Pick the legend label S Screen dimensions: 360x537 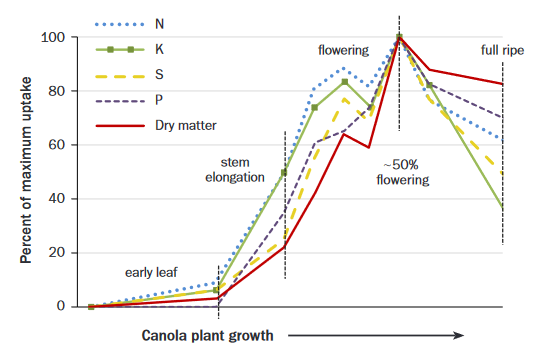pos(160,74)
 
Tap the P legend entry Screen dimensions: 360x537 pos(160,100)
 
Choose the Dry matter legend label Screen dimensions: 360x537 pos(187,125)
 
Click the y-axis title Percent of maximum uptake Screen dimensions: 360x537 pos(25,172)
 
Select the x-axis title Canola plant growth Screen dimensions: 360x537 pos(207,336)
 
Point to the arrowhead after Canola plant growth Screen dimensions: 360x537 pos(459,336)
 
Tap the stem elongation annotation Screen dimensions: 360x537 pos(242,169)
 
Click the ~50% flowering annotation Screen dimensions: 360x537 pos(399,172)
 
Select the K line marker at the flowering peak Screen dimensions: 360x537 pos(344,82)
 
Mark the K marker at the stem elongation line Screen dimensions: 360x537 pos(285,172)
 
